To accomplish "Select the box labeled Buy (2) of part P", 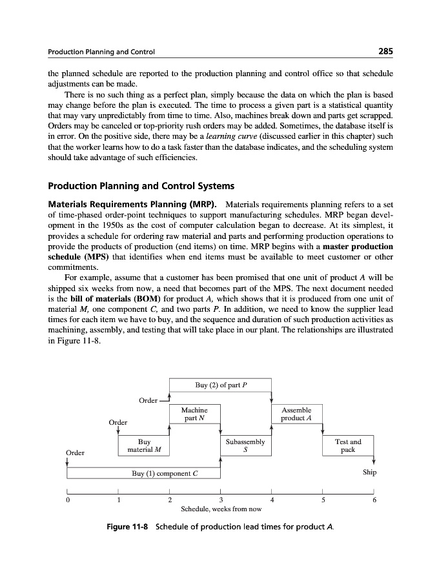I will (x=220, y=385).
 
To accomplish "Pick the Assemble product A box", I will (x=297, y=414).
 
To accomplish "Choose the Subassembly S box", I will (x=245, y=445).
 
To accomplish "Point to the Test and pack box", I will (x=348, y=445).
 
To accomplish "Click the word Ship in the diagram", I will (x=369, y=473).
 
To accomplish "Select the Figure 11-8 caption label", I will (x=128, y=527).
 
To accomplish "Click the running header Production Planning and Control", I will (x=101, y=52).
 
